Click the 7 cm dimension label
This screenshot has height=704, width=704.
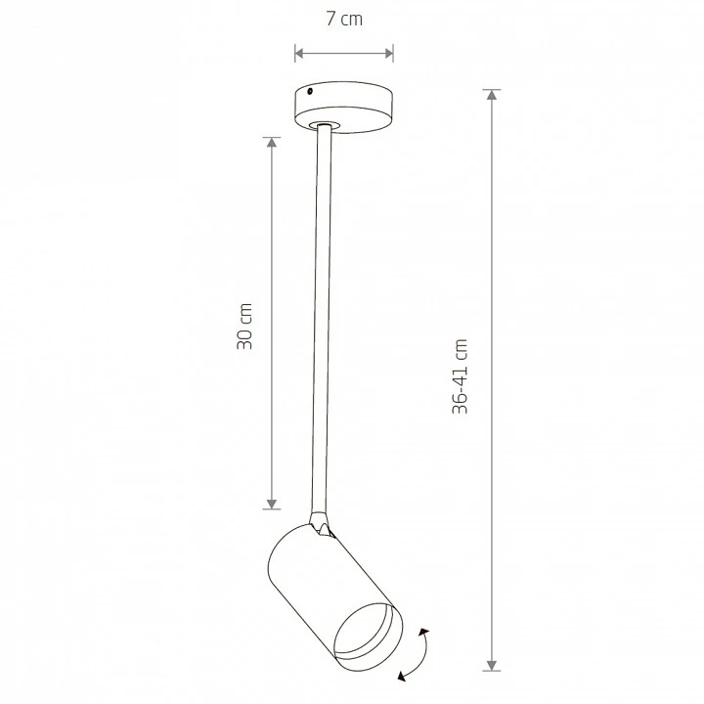tap(344, 19)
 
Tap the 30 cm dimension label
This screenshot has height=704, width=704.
tap(244, 326)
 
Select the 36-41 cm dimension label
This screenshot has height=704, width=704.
tap(460, 376)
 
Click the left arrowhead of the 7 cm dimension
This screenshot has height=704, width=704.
tap(299, 54)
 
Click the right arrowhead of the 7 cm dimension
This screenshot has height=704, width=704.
tap(389, 54)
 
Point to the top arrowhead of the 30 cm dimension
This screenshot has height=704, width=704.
tap(271, 143)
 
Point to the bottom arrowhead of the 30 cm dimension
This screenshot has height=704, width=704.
tap(271, 504)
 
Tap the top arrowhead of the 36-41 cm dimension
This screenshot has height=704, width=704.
tap(492, 94)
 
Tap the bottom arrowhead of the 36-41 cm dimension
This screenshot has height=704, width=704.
tap(492, 666)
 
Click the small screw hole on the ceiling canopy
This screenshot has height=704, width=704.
tap(310, 92)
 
